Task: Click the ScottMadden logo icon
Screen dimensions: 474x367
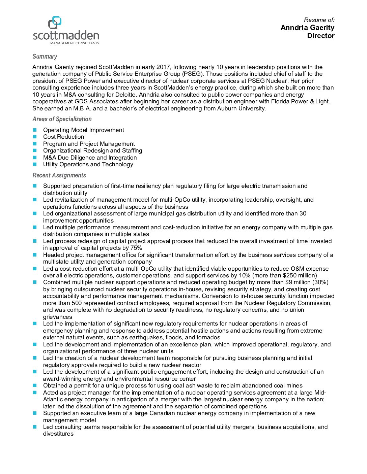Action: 55,22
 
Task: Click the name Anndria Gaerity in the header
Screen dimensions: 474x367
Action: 307,28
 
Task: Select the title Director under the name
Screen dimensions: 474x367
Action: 320,36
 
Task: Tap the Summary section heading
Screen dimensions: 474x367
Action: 45,57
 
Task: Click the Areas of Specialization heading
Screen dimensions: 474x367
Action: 62,119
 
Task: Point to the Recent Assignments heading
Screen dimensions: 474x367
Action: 59,175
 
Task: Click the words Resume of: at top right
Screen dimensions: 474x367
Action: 319,20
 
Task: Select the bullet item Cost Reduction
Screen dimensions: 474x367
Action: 63,137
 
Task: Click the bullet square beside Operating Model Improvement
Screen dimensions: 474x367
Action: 34,130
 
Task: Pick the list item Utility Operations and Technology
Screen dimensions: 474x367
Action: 88,164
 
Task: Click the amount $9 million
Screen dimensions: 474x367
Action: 298,282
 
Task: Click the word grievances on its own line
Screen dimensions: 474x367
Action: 57,317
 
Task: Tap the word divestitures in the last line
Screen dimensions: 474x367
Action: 58,434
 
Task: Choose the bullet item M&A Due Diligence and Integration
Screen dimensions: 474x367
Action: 90,158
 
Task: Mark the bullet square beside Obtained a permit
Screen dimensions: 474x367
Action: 34,385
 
